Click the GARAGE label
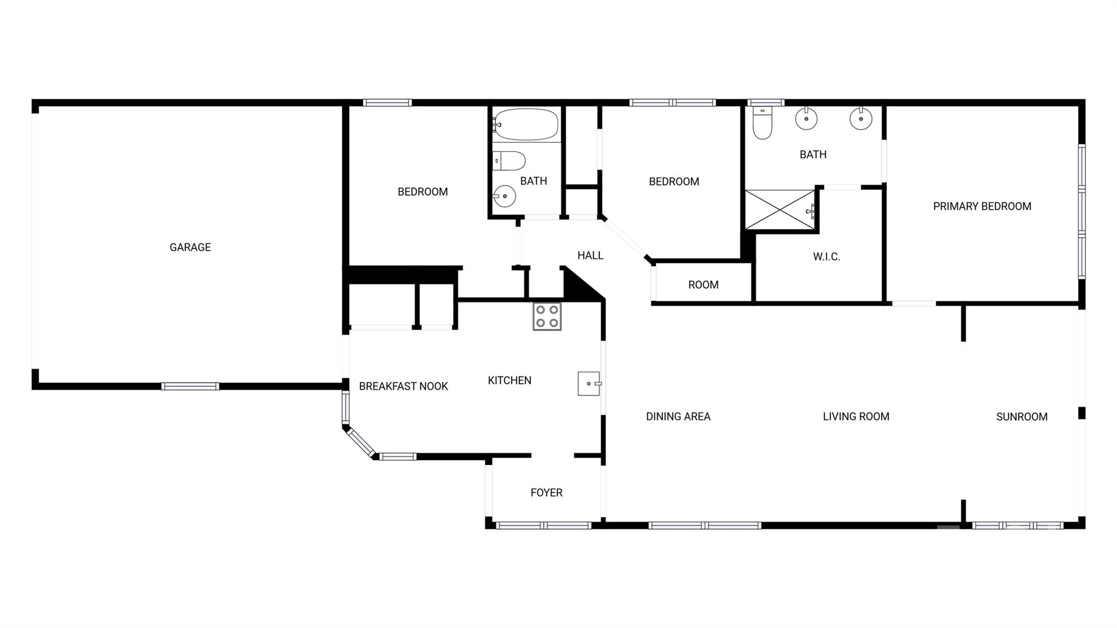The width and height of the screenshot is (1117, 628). point(190,247)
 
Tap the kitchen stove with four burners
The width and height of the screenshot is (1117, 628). point(547,316)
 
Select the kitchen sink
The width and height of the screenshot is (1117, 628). point(589,384)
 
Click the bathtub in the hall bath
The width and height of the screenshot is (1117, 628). point(526,124)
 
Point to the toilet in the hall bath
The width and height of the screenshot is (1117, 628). point(509,161)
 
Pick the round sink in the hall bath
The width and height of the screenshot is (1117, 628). point(505,196)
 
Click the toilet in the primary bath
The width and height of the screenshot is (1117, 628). point(762,123)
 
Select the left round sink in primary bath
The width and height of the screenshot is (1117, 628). point(806,118)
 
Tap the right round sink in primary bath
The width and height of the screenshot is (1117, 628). point(861,118)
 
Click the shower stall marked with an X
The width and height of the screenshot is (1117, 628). point(780,210)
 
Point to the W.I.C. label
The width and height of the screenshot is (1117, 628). point(826,256)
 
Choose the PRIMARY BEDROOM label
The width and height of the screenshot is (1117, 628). point(982,206)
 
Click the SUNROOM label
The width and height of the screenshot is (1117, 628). point(1022,417)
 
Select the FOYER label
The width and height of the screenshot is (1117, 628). point(547,493)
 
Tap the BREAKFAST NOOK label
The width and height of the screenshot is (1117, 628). point(403,386)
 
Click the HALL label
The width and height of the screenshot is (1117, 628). point(590,255)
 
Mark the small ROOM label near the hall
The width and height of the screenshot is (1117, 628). point(703,285)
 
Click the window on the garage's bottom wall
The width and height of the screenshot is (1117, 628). point(190,386)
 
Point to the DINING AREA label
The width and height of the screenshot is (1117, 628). point(678,417)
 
